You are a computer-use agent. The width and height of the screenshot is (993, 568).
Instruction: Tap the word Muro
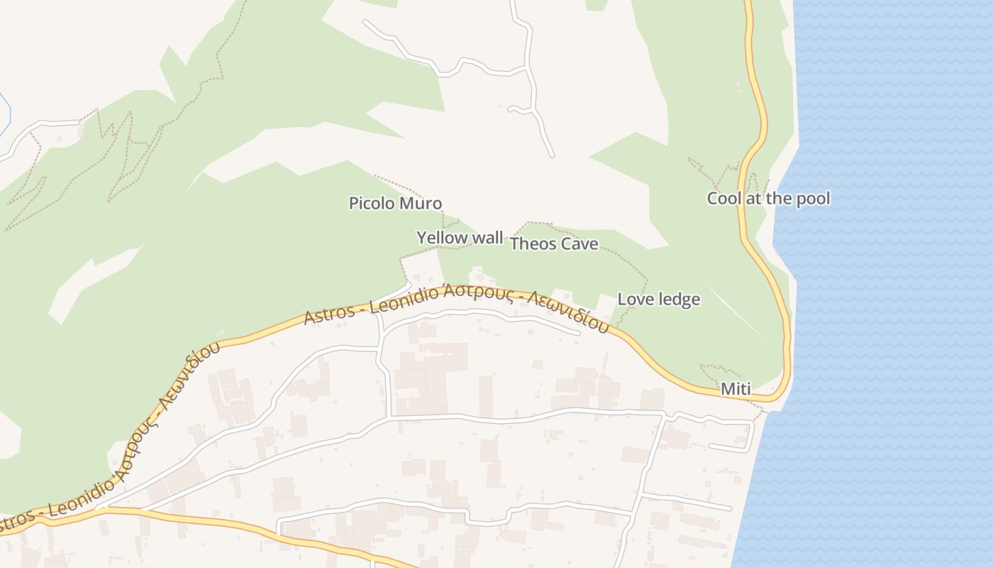[x=421, y=204]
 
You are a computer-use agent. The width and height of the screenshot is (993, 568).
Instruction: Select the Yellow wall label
[x=460, y=238]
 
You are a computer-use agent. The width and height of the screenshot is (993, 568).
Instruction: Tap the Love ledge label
[x=659, y=300]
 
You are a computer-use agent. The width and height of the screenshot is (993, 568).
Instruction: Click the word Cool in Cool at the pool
[x=723, y=199]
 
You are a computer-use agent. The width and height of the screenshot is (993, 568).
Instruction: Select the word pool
[x=813, y=199]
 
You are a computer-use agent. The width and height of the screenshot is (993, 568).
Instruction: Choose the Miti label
[x=735, y=389]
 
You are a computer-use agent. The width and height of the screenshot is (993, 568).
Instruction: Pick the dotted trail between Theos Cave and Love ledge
[x=631, y=266]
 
